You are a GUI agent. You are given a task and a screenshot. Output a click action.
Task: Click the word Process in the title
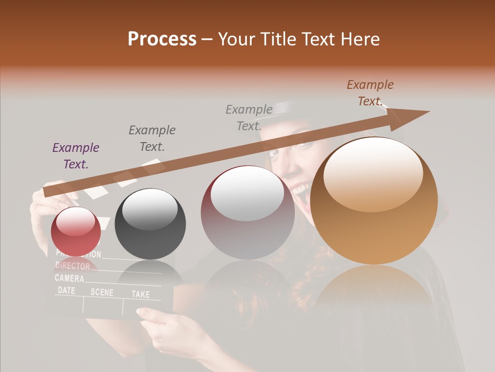162,39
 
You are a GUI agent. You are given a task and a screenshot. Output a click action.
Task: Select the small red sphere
76,231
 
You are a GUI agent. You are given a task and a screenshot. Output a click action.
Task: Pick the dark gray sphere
150,224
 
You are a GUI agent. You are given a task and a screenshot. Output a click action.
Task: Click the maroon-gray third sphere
247,212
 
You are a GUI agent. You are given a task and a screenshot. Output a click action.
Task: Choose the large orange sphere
374,200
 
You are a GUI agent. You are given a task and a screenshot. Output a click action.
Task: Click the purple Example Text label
76,156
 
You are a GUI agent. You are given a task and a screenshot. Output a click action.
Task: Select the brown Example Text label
370,93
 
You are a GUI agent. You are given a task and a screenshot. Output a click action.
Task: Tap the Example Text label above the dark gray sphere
152,138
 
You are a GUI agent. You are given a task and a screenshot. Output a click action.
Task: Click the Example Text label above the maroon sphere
249,117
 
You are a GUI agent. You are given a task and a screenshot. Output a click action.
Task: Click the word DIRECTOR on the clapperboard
73,266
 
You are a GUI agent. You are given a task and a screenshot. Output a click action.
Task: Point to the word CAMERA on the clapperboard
70,278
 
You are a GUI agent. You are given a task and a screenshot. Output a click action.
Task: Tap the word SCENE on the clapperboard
102,292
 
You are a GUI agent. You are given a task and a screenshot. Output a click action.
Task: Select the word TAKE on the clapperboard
140,294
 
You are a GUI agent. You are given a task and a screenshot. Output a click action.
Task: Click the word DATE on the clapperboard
67,290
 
